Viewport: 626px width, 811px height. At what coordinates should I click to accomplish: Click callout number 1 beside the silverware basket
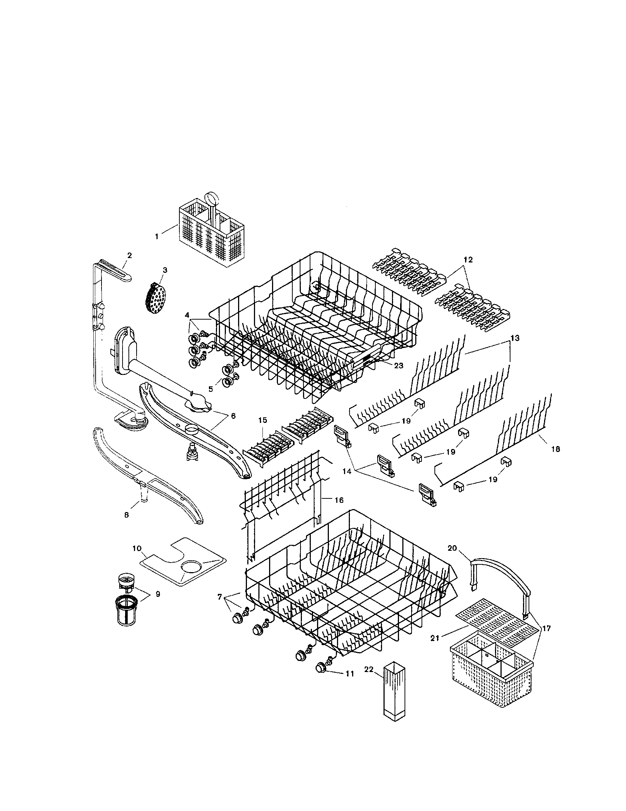157,237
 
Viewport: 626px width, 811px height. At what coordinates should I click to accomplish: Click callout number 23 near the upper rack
399,366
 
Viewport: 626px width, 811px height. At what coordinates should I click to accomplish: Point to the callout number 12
468,260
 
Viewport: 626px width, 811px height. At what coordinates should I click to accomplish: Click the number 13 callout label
515,338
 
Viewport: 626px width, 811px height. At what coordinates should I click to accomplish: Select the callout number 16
338,500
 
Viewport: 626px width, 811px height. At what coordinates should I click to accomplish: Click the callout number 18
556,449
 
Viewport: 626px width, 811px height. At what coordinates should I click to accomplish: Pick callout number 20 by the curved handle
452,559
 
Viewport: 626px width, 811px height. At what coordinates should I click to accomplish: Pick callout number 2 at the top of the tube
129,255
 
